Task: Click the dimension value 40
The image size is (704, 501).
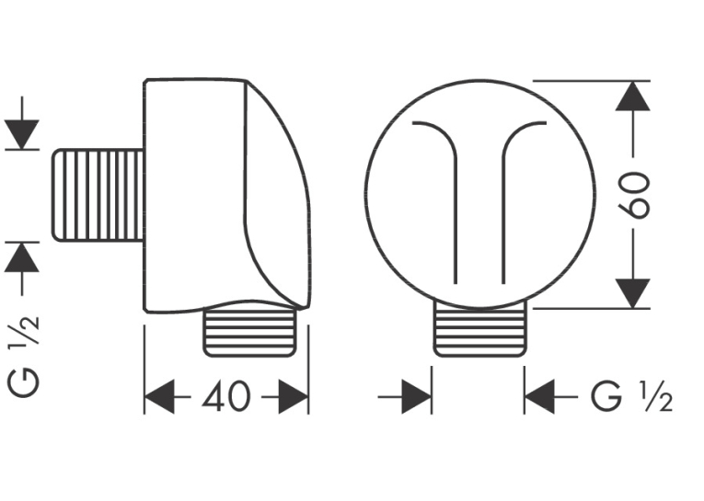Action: pos(225,396)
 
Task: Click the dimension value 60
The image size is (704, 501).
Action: pos(633,195)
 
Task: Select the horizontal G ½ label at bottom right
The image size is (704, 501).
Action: pos(631,396)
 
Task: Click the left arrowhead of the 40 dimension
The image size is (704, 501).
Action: pos(159,396)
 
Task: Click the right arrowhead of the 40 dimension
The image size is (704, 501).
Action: pos(294,396)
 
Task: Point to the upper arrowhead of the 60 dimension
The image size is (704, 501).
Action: pos(632,96)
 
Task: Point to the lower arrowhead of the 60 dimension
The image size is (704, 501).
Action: pos(632,293)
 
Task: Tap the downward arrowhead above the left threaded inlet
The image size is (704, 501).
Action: pos(22,134)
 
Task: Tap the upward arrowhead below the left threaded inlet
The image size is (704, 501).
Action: pos(22,257)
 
